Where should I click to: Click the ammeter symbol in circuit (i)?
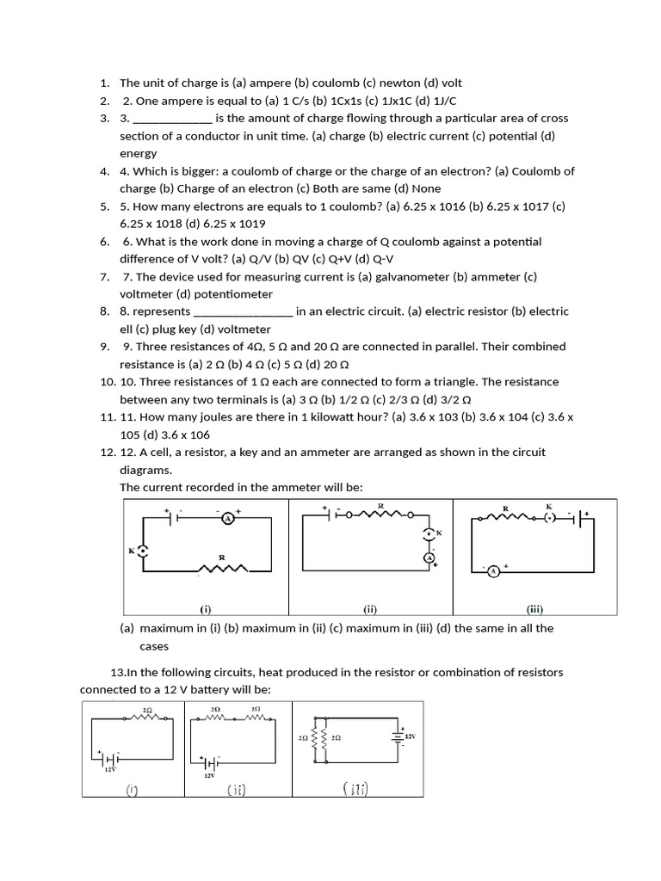point(228,518)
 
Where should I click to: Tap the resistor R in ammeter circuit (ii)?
point(380,515)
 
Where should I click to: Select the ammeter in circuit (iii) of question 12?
point(494,570)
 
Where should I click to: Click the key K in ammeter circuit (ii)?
point(429,535)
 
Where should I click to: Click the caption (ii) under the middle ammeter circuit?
point(370,609)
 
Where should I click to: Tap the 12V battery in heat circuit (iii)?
point(398,736)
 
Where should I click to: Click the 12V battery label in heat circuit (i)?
point(110,770)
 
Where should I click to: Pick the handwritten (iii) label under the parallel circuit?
point(355,789)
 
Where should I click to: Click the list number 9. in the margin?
point(105,347)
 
